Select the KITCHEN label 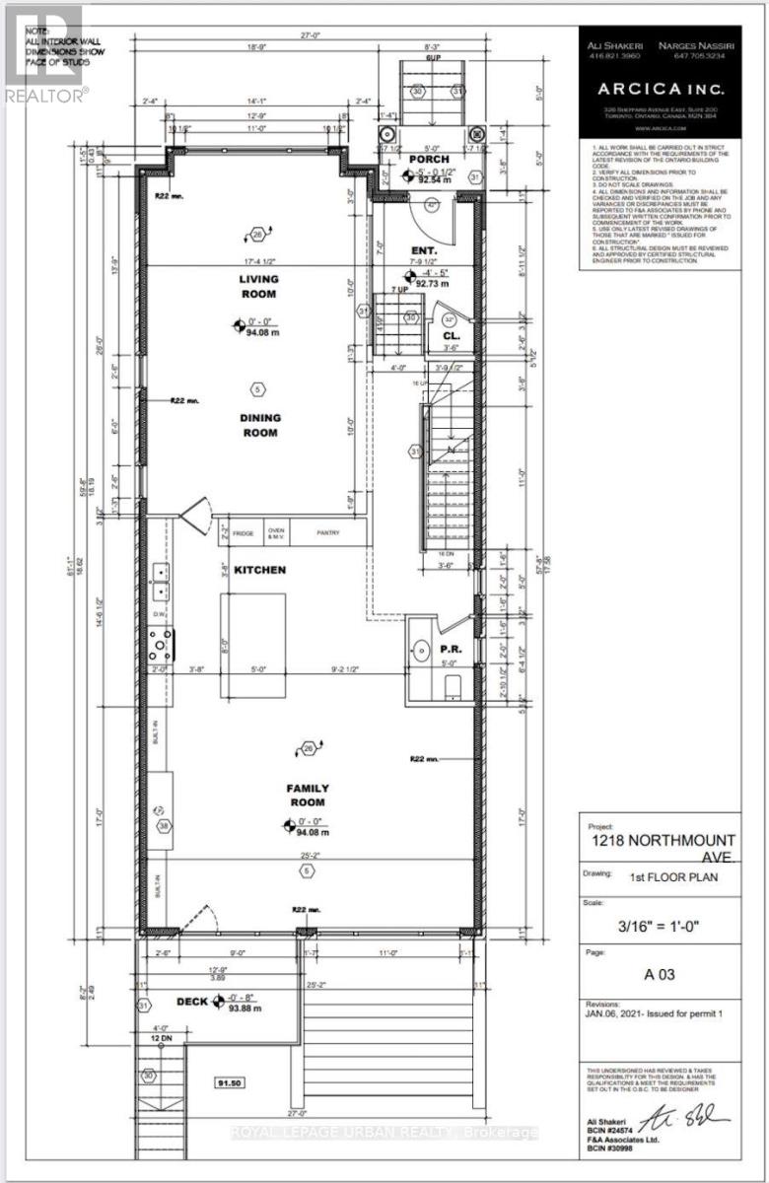(x=260, y=570)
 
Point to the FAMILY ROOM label (x=308, y=795)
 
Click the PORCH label (x=430, y=159)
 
